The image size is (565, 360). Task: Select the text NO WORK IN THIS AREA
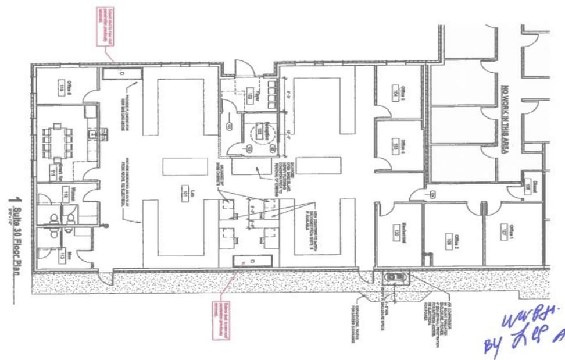tap(505, 119)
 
